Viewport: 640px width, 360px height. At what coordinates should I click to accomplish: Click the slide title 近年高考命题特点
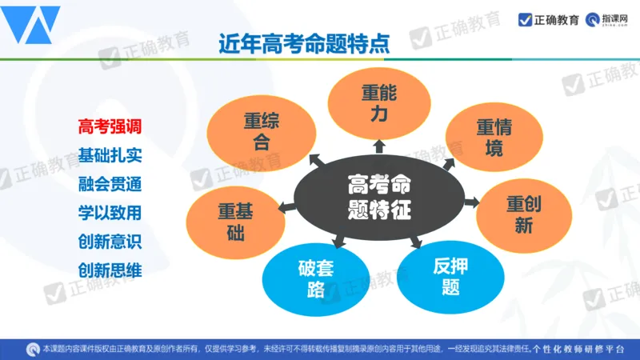click(305, 42)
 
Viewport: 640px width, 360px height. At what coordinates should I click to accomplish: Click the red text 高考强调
click(110, 126)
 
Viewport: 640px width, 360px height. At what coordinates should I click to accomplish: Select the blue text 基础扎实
click(110, 154)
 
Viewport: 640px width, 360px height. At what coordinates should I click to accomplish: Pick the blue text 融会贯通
click(110, 183)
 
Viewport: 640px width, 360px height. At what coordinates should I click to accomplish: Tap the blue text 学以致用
click(110, 212)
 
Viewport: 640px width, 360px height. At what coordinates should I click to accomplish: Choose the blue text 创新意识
click(110, 241)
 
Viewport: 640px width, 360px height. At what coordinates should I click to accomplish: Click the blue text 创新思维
click(110, 270)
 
